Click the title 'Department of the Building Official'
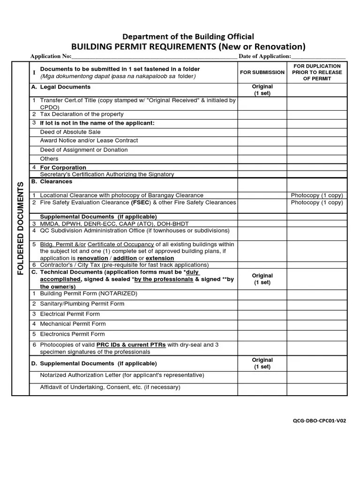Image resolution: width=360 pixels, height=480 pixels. [188, 37]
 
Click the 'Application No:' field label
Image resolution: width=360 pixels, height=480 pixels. [51, 57]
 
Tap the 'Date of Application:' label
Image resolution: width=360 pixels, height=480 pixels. [265, 57]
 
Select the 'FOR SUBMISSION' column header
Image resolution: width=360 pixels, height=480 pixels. [262, 73]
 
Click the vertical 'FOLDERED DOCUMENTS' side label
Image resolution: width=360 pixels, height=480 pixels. [21, 229]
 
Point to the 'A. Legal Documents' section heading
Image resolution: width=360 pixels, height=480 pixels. [60, 87]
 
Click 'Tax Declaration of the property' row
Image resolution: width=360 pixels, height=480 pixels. [82, 114]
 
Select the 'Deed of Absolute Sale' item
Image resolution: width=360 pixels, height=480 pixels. [70, 132]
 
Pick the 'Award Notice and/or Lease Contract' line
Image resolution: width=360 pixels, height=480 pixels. [89, 141]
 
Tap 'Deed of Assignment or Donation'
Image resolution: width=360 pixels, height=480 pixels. [83, 150]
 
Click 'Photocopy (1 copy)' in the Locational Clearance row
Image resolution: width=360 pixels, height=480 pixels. [317, 195]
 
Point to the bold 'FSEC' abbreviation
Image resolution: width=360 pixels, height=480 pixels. [140, 203]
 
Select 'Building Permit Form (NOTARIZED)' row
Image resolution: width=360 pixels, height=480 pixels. [88, 293]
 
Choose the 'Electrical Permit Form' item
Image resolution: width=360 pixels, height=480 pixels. [69, 314]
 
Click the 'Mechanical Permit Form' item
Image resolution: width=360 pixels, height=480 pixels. [73, 324]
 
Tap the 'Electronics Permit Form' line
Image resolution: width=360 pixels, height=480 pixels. [72, 334]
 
